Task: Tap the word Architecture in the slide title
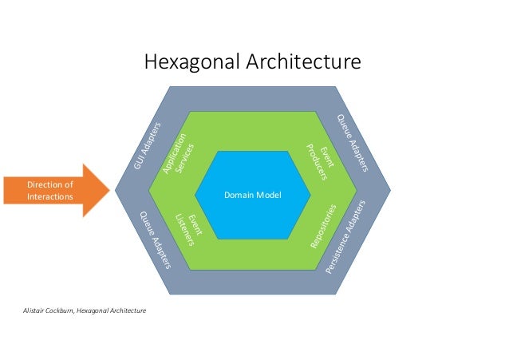(304, 61)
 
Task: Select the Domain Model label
(253, 195)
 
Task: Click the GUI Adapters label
(148, 149)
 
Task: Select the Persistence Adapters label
(347, 237)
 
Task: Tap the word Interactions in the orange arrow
(50, 198)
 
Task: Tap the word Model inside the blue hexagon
(269, 195)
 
